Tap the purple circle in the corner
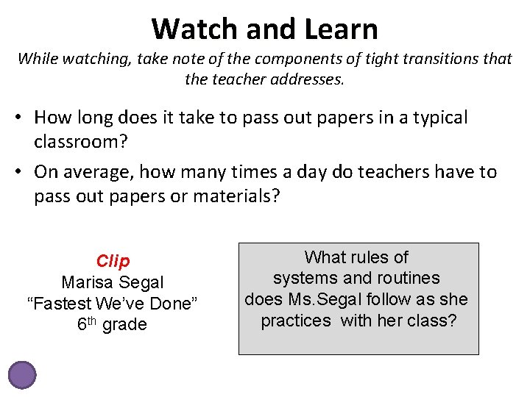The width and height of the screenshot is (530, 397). click(x=22, y=374)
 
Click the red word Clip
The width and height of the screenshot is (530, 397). click(x=113, y=261)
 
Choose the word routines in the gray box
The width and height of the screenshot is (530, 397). click(x=406, y=278)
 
